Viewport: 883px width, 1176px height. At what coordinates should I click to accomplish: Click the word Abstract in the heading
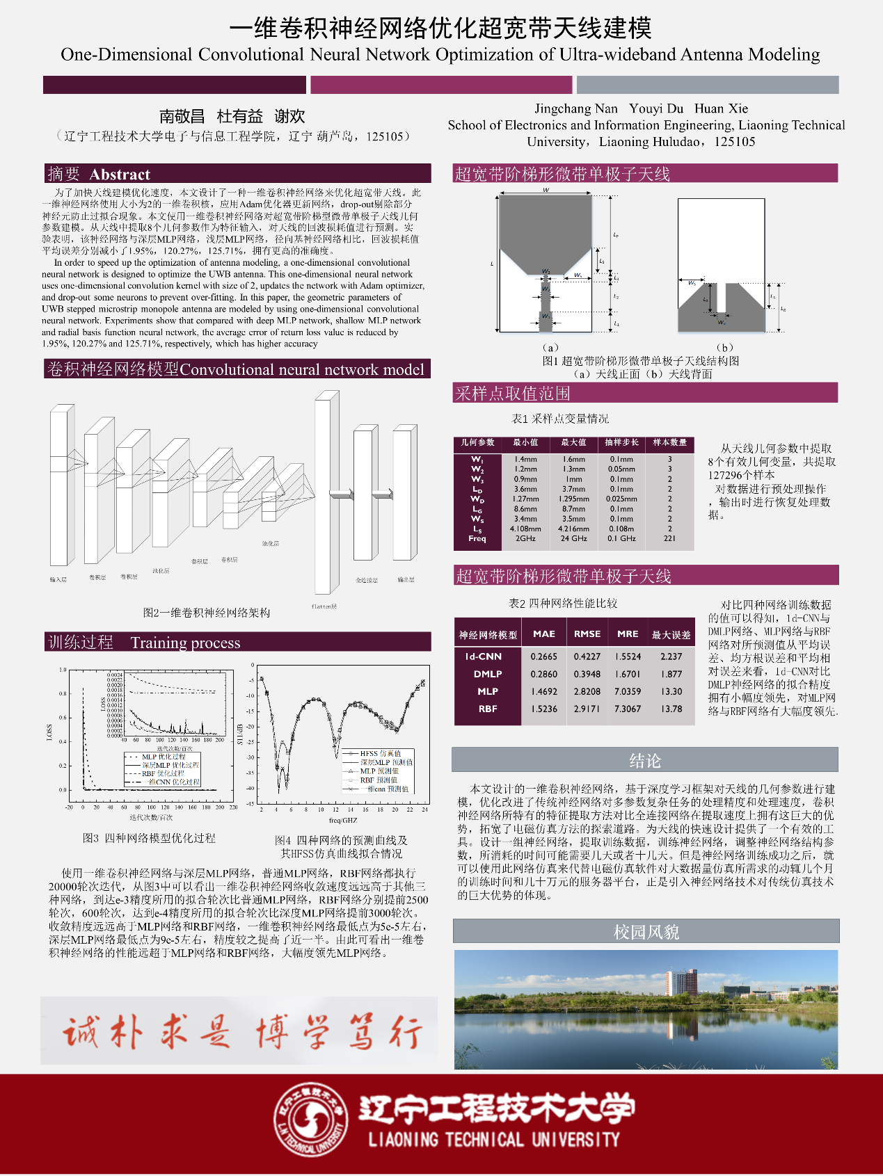(x=120, y=175)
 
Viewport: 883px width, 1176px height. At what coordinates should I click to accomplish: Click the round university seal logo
(x=310, y=1120)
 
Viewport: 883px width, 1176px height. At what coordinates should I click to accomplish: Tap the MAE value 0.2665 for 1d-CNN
(x=543, y=657)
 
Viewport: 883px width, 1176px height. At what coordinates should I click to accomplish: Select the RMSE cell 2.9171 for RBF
(x=587, y=709)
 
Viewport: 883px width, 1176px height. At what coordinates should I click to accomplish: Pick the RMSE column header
(x=587, y=634)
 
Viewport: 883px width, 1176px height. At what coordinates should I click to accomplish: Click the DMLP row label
(x=488, y=674)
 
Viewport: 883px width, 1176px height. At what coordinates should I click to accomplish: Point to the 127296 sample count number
(x=730, y=475)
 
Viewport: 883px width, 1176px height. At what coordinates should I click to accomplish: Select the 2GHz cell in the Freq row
(x=525, y=538)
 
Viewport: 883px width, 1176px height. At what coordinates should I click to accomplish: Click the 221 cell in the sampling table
(x=669, y=538)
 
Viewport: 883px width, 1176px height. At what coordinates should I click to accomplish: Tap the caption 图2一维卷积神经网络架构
(x=207, y=613)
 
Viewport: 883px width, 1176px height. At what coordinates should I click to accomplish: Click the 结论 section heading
(x=644, y=761)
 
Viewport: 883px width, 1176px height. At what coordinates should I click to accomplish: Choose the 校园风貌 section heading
(x=646, y=932)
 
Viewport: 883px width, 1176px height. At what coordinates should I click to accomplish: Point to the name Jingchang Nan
(x=575, y=108)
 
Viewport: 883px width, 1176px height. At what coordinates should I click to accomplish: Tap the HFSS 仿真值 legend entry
(x=380, y=753)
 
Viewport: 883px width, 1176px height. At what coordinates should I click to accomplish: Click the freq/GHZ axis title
(x=342, y=821)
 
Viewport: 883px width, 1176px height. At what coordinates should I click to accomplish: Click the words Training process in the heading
(x=185, y=643)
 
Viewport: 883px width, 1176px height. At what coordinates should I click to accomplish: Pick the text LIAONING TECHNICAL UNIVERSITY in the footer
(x=493, y=1140)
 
